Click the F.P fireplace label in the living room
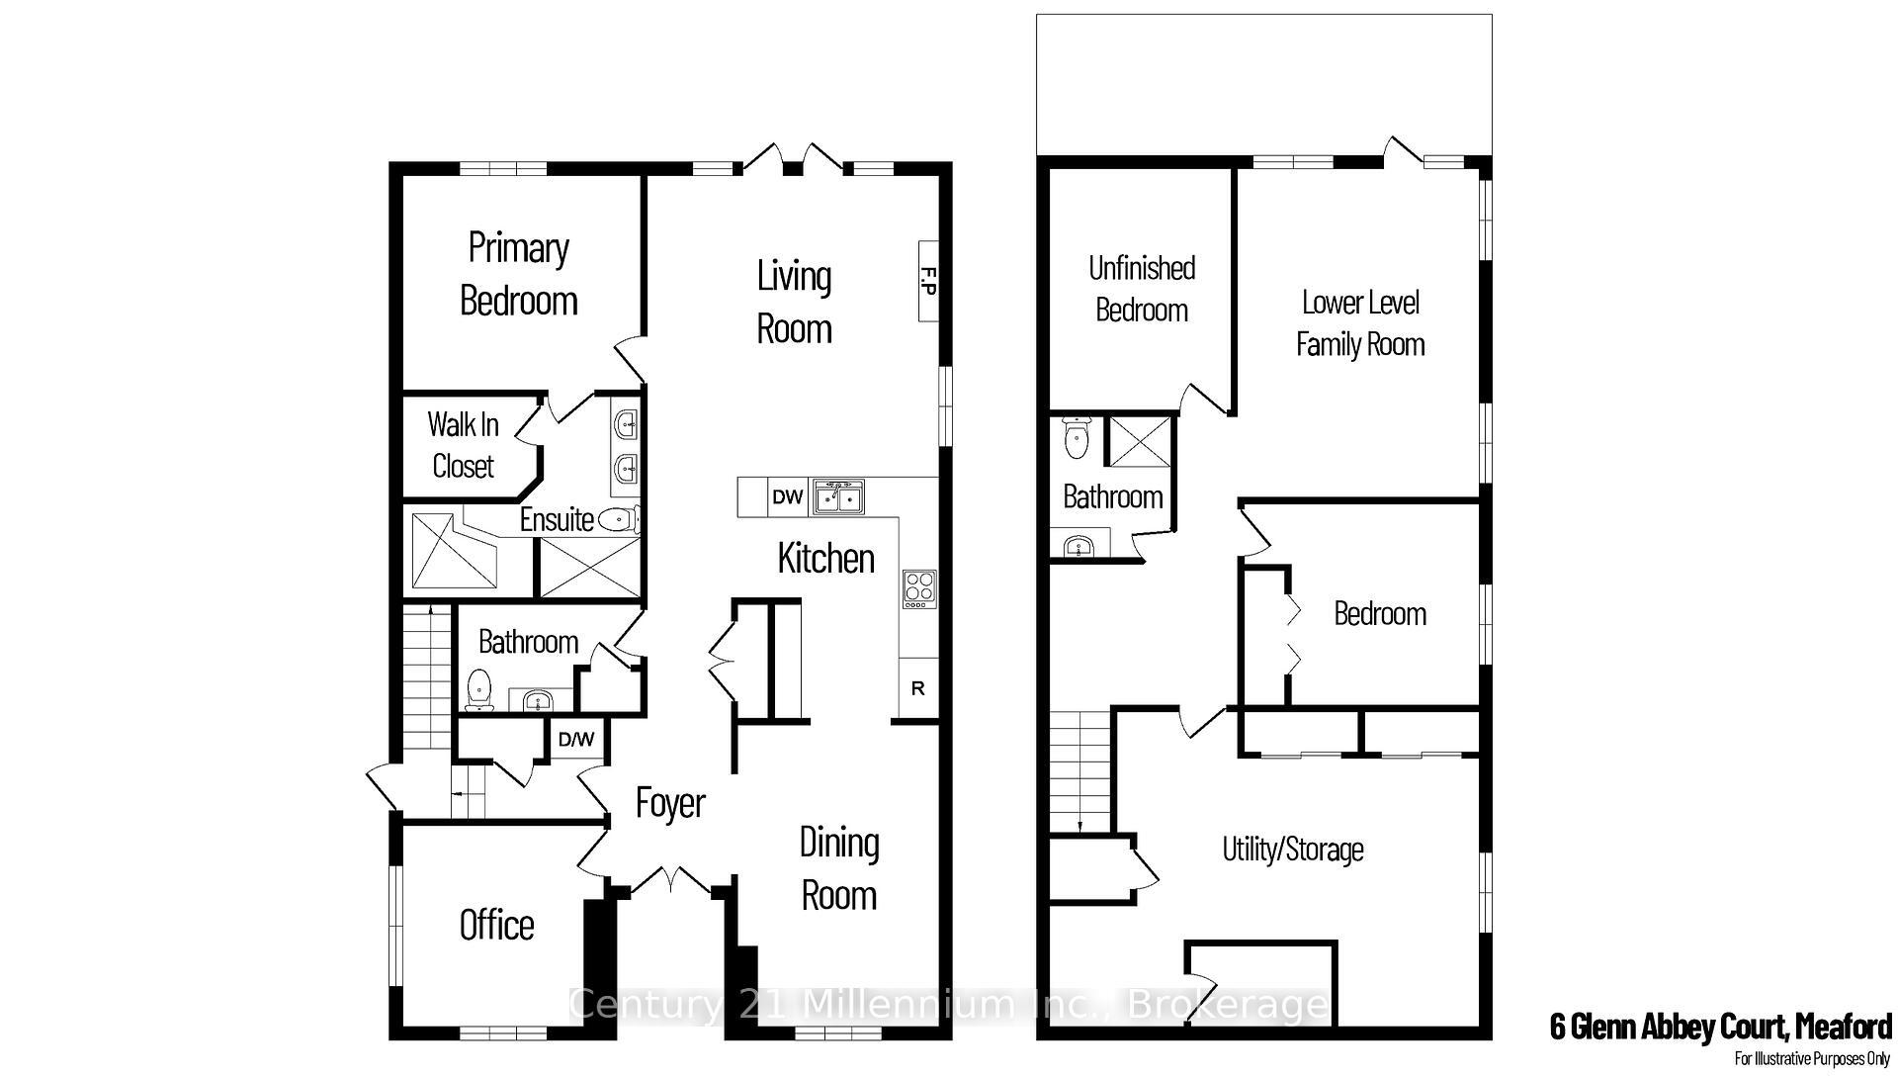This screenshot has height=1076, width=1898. pos(928,281)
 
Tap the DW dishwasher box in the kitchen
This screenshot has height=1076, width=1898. pos(787,496)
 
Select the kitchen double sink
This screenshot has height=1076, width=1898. pos(838,496)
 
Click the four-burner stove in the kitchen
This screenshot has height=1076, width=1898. pos(919,589)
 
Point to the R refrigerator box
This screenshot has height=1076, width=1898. pos(918,688)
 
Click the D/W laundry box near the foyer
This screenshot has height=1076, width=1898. pos(576,739)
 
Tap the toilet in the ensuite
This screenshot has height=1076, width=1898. pos(621,518)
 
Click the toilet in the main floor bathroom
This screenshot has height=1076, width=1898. pos(479,689)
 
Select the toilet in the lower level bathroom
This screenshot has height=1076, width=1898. pos(1077,437)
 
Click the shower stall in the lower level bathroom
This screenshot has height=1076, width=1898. pos(1139,441)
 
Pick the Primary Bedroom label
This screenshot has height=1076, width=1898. pos(518,274)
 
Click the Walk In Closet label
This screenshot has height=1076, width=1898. pos(463,445)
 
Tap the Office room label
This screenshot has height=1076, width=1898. pos(496,925)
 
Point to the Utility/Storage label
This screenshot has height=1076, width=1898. pos(1293,850)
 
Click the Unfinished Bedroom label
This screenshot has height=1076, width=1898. pos(1142,289)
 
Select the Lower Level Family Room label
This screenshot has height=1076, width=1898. pos(1360,323)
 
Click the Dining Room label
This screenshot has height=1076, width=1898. pos(839,869)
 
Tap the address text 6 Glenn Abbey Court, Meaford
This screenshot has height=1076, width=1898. pos(1720,1027)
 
